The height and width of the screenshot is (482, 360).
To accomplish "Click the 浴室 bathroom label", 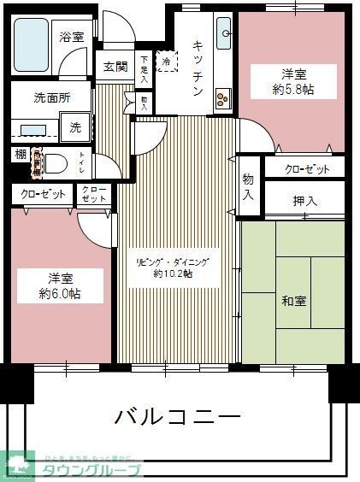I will click(72, 37).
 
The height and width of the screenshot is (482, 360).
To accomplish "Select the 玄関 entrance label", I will click(115, 68).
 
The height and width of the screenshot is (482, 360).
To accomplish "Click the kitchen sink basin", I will click(225, 34).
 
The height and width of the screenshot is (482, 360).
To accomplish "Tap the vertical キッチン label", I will click(197, 68).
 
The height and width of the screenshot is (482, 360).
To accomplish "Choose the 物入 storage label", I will click(248, 186).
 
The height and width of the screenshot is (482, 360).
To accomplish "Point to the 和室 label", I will click(294, 301).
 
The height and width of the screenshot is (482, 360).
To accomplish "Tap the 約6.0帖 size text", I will click(59, 293).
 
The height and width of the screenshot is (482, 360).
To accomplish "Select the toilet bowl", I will click(54, 163).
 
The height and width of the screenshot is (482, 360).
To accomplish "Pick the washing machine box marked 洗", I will click(75, 127).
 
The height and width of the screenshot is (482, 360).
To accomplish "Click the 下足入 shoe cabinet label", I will click(145, 68).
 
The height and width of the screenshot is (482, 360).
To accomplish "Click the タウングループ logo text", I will click(90, 468).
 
